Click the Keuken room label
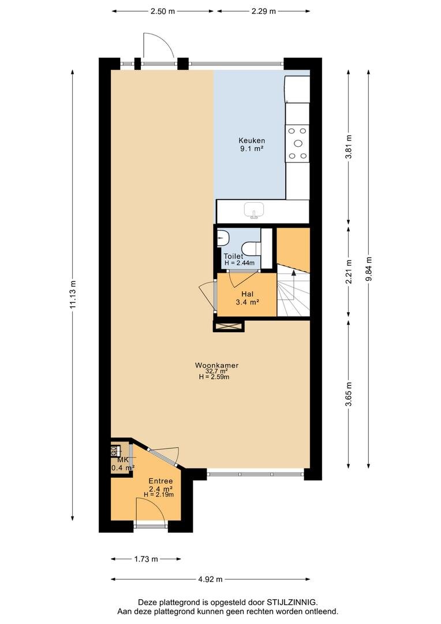tap(252, 140)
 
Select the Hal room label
tap(248, 294)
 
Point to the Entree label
tap(160, 481)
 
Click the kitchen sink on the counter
tap(254, 210)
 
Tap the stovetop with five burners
tap(298, 143)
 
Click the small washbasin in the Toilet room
tap(223, 239)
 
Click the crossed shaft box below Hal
tap(229, 326)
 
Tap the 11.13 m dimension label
tap(72, 294)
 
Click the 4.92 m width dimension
tap(210, 579)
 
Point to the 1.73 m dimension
tap(146, 559)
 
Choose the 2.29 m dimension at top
tap(263, 11)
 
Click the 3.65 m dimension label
tap(349, 394)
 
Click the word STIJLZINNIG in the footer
tap(292, 602)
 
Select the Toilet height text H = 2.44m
tap(240, 263)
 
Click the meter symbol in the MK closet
tap(114, 451)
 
